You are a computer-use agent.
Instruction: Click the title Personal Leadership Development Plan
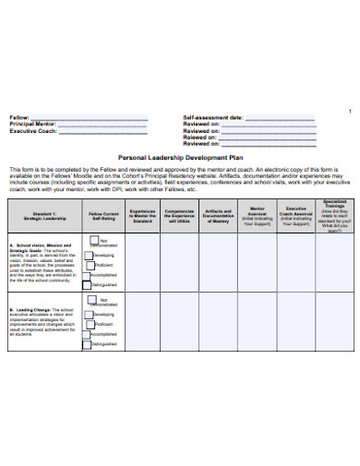tap(181, 158)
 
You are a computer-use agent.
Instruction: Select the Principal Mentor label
tap(33, 125)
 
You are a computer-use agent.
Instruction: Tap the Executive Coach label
tap(33, 132)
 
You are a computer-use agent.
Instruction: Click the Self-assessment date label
tap(213, 119)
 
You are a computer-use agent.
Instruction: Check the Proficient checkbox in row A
tap(90, 264)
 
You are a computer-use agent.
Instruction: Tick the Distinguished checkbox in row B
tap(90, 344)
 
